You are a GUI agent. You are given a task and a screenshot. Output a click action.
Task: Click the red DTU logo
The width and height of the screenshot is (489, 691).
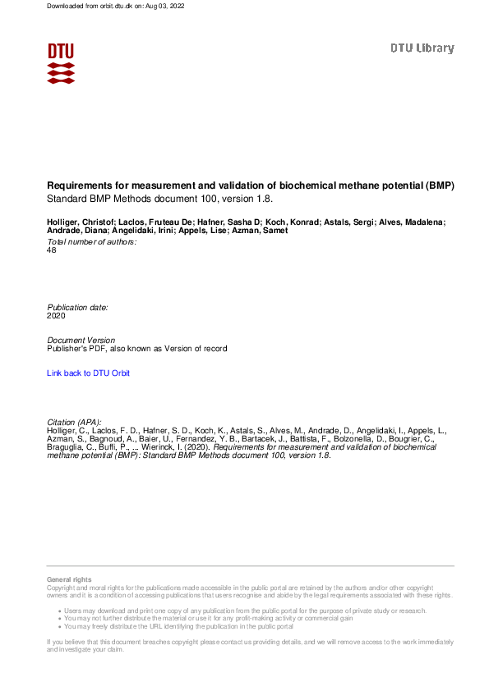point(61,62)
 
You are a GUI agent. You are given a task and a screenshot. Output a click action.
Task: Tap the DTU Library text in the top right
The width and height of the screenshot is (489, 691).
point(422,48)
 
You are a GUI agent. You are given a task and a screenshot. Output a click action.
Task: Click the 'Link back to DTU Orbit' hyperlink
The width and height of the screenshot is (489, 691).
point(88,373)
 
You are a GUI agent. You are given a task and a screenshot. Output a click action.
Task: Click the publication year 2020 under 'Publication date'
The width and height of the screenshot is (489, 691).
point(56,315)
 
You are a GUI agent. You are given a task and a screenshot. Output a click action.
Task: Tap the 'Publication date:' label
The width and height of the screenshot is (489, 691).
point(77,307)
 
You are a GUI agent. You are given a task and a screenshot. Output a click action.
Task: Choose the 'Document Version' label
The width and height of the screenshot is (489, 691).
point(81,340)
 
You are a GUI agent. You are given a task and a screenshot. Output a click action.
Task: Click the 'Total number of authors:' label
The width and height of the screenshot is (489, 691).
point(91,242)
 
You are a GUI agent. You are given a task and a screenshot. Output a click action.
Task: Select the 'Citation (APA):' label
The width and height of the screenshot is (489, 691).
point(74,422)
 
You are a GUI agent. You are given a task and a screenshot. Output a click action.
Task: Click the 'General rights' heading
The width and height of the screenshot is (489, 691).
point(69,579)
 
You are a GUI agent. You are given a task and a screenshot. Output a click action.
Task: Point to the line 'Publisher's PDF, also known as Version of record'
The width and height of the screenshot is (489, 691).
point(137,349)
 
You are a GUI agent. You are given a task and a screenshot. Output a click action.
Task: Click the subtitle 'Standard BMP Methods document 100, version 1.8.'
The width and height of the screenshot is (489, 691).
point(159,199)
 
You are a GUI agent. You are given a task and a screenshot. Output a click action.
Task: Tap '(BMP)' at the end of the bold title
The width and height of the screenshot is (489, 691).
point(439,186)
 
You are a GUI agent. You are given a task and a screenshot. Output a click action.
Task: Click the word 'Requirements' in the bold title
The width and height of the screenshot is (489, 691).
point(78,186)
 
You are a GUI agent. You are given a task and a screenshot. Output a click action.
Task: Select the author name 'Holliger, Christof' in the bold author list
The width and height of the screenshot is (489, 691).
point(81,222)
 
